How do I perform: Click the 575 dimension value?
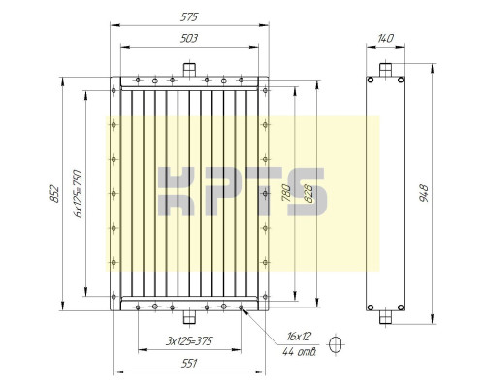pos(189,17)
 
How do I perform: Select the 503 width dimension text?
pos(189,39)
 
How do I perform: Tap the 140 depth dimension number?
pos(385,39)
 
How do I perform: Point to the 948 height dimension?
pos(424,193)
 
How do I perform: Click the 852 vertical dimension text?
pos(55,194)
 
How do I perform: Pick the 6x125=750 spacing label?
pos(78,194)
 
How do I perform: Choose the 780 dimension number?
pos(286,193)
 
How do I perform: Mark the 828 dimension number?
pos(308,194)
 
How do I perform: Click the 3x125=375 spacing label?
pos(189,341)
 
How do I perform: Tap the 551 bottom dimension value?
pos(189,364)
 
